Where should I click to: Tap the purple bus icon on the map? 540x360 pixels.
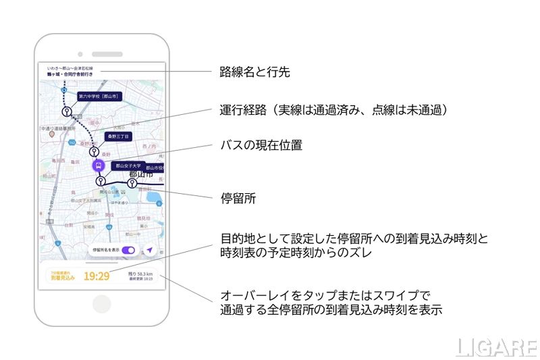pyautogui.click(x=99, y=165)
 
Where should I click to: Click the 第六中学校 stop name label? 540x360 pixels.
pyautogui.click(x=98, y=97)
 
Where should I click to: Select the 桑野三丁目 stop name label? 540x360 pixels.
pyautogui.click(x=119, y=136)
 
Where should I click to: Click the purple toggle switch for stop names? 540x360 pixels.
pyautogui.click(x=128, y=250)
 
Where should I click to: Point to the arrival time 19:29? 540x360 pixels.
pyautogui.click(x=97, y=276)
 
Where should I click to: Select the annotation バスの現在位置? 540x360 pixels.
pyautogui.click(x=261, y=146)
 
